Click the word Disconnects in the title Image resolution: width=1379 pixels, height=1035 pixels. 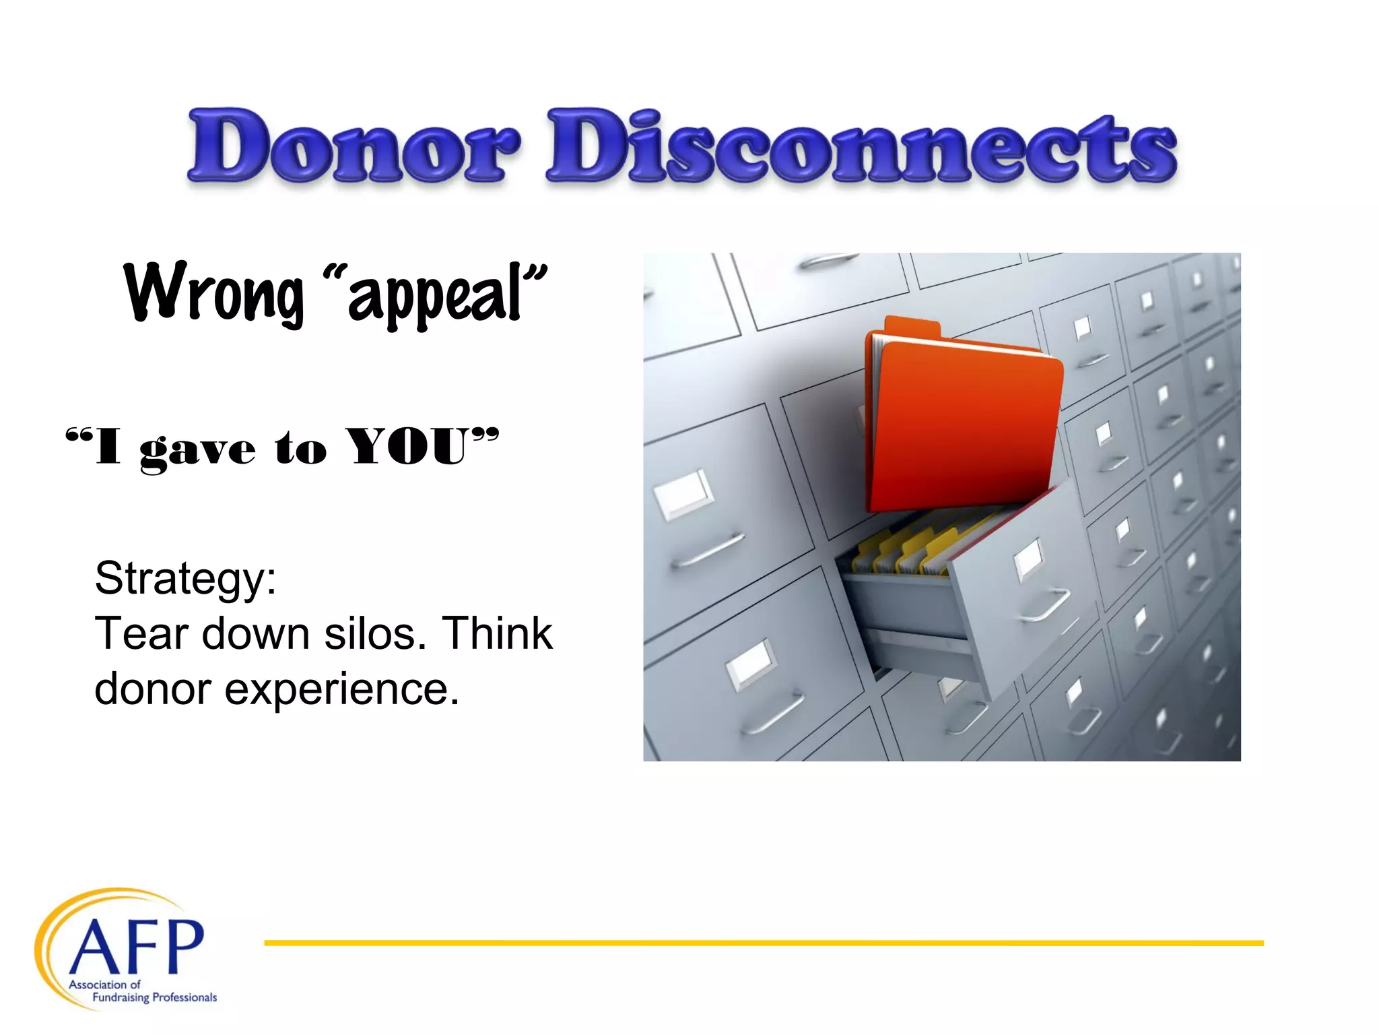(862, 146)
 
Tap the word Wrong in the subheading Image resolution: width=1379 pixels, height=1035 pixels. (214, 293)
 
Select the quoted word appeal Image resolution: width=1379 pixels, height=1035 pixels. (434, 296)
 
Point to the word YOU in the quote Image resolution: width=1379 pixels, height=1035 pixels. (408, 446)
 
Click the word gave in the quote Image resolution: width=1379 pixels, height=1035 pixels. (197, 449)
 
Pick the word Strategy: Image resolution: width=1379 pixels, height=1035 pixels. (185, 578)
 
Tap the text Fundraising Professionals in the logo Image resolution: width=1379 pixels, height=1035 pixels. (154, 997)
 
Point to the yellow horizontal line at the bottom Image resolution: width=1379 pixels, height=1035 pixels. (764, 943)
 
